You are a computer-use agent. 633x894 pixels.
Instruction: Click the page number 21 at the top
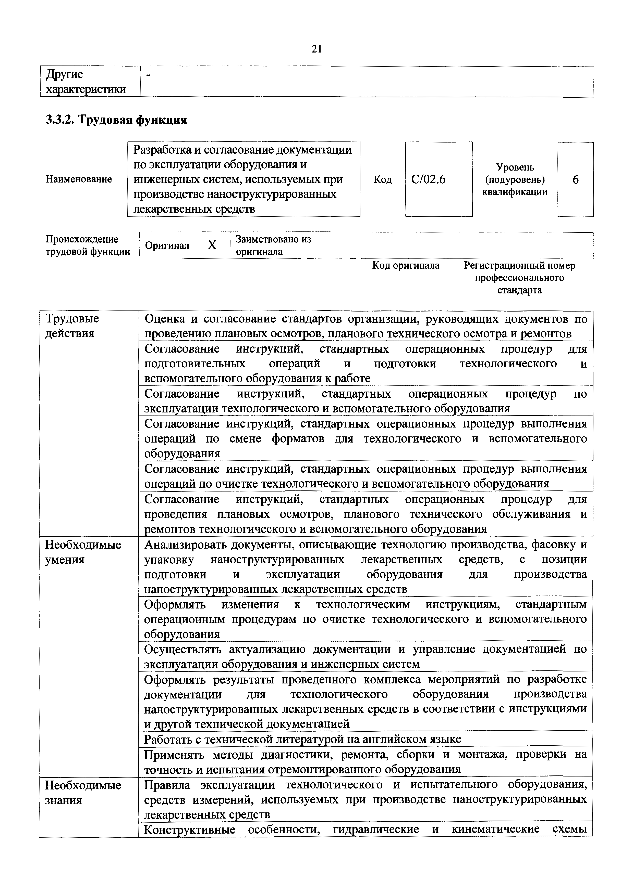click(316, 49)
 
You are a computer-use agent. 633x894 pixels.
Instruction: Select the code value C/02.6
click(428, 179)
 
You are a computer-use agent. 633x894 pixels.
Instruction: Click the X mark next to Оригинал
click(212, 245)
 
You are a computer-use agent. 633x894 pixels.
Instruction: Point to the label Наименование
click(79, 179)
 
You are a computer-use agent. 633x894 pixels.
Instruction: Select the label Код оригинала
click(406, 266)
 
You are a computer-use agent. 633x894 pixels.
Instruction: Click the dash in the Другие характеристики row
click(148, 74)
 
